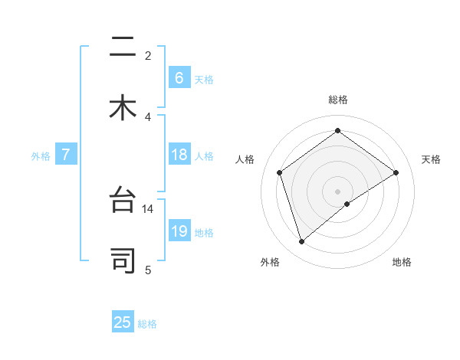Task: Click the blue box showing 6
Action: pos(179,77)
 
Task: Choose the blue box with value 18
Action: pos(179,155)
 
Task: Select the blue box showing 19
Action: pos(179,231)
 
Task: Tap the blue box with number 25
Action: pos(123,322)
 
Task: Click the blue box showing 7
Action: pos(66,155)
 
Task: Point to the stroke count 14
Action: pos(148,208)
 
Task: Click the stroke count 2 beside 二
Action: pos(148,55)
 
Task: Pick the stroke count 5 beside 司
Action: pos(148,269)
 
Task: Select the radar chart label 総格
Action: pos(338,100)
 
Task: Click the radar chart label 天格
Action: pos(432,159)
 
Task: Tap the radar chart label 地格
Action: pos(402,262)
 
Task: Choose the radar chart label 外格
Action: pos(270,262)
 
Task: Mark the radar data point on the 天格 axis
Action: pos(396,172)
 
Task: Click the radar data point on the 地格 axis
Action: pos(347,204)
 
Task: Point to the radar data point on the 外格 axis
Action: pos(301,242)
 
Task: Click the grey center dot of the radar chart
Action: pos(338,191)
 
